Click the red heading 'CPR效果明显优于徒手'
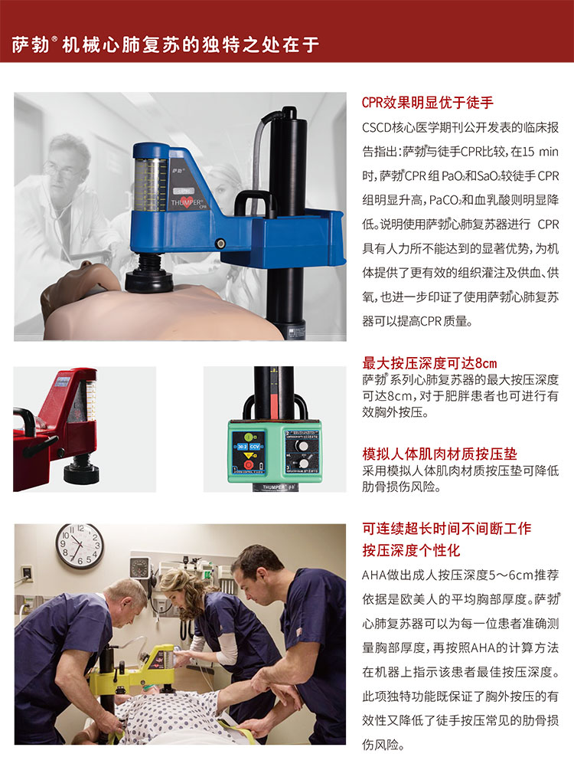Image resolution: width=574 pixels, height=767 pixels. tap(428, 102)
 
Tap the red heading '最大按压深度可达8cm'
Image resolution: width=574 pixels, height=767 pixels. tap(429, 363)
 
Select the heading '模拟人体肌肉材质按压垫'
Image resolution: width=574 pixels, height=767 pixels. tap(439, 454)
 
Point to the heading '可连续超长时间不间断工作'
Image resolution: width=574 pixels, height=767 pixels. tap(446, 528)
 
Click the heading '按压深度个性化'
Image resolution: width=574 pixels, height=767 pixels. tap(411, 550)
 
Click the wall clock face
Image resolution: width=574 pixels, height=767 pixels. tap(80, 546)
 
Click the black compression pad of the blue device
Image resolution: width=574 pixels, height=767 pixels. tap(149, 281)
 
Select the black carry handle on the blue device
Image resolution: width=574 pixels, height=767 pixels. tap(256, 203)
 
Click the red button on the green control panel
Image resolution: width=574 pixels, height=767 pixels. tap(249, 464)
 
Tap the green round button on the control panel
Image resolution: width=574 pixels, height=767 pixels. tap(249, 437)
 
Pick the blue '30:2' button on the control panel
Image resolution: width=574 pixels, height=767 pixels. tap(243, 447)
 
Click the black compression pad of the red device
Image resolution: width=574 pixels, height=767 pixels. tap(81, 474)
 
